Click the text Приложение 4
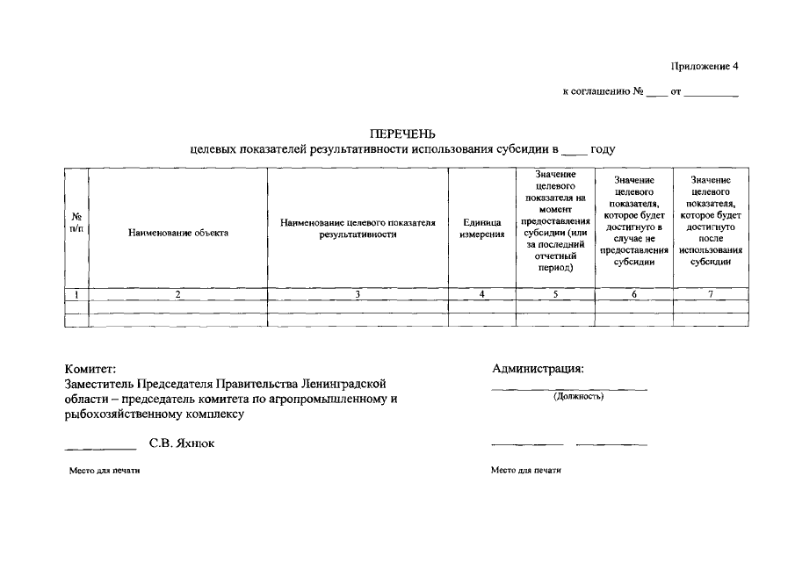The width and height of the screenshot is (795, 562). point(706,67)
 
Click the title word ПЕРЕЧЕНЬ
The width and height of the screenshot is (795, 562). point(403,134)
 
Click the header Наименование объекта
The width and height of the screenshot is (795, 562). point(178,233)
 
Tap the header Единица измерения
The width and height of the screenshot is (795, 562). point(482,228)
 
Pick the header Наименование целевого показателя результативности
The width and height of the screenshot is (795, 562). point(358,228)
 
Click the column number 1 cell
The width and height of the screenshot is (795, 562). point(76,295)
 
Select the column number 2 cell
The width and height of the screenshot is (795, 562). point(178,295)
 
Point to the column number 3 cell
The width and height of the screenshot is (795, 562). point(358,295)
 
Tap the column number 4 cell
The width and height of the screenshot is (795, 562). point(482,295)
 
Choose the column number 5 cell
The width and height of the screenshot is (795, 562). point(555,295)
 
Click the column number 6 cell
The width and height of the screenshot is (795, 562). point(633,295)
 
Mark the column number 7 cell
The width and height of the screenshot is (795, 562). point(711,295)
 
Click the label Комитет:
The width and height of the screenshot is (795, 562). point(90,369)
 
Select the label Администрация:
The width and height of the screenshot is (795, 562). point(538,369)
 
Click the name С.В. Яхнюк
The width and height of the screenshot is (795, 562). point(182,443)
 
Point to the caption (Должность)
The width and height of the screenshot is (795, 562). point(578,396)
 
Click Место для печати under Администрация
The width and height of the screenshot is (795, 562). point(526,471)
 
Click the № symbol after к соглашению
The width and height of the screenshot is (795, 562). point(639,91)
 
